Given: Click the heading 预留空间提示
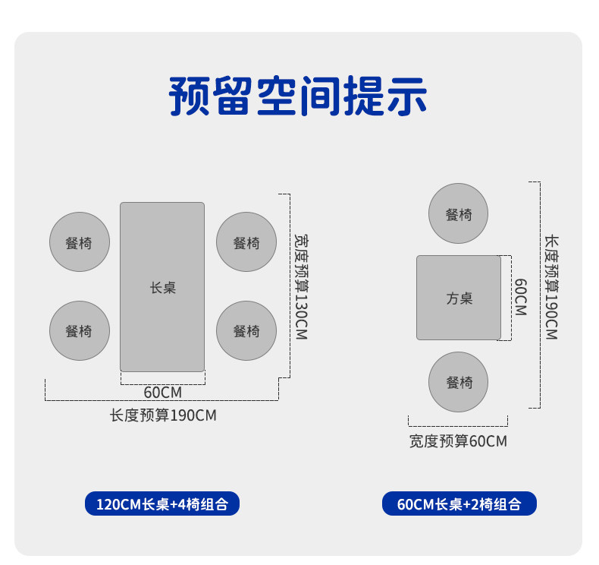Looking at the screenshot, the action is click(298, 96).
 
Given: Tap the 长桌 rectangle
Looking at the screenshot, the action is click(162, 287).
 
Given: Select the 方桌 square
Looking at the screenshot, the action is click(459, 298).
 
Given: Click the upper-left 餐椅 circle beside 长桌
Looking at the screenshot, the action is click(80, 242).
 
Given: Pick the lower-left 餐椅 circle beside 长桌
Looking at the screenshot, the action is click(80, 330).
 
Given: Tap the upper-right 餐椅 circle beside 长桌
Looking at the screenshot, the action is click(246, 242).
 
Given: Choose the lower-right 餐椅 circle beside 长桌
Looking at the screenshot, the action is click(246, 330).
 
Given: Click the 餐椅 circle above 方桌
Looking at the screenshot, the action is click(459, 213).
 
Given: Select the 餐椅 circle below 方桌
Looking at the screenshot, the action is click(459, 382).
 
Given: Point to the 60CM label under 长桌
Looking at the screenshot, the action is click(163, 393).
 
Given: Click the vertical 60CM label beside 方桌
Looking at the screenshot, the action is click(521, 297).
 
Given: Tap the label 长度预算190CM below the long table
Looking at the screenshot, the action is click(163, 415).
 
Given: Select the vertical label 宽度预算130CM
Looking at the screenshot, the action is click(302, 287).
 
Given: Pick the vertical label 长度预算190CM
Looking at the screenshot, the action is click(552, 287).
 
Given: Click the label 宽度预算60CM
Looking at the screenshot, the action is click(458, 441).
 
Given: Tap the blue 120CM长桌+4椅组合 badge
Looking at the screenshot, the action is click(162, 503).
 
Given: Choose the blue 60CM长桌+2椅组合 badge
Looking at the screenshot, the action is click(459, 503).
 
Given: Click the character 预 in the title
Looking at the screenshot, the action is click(190, 96).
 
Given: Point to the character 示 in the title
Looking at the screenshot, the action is click(407, 96).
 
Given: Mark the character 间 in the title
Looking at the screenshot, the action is click(320, 96).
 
